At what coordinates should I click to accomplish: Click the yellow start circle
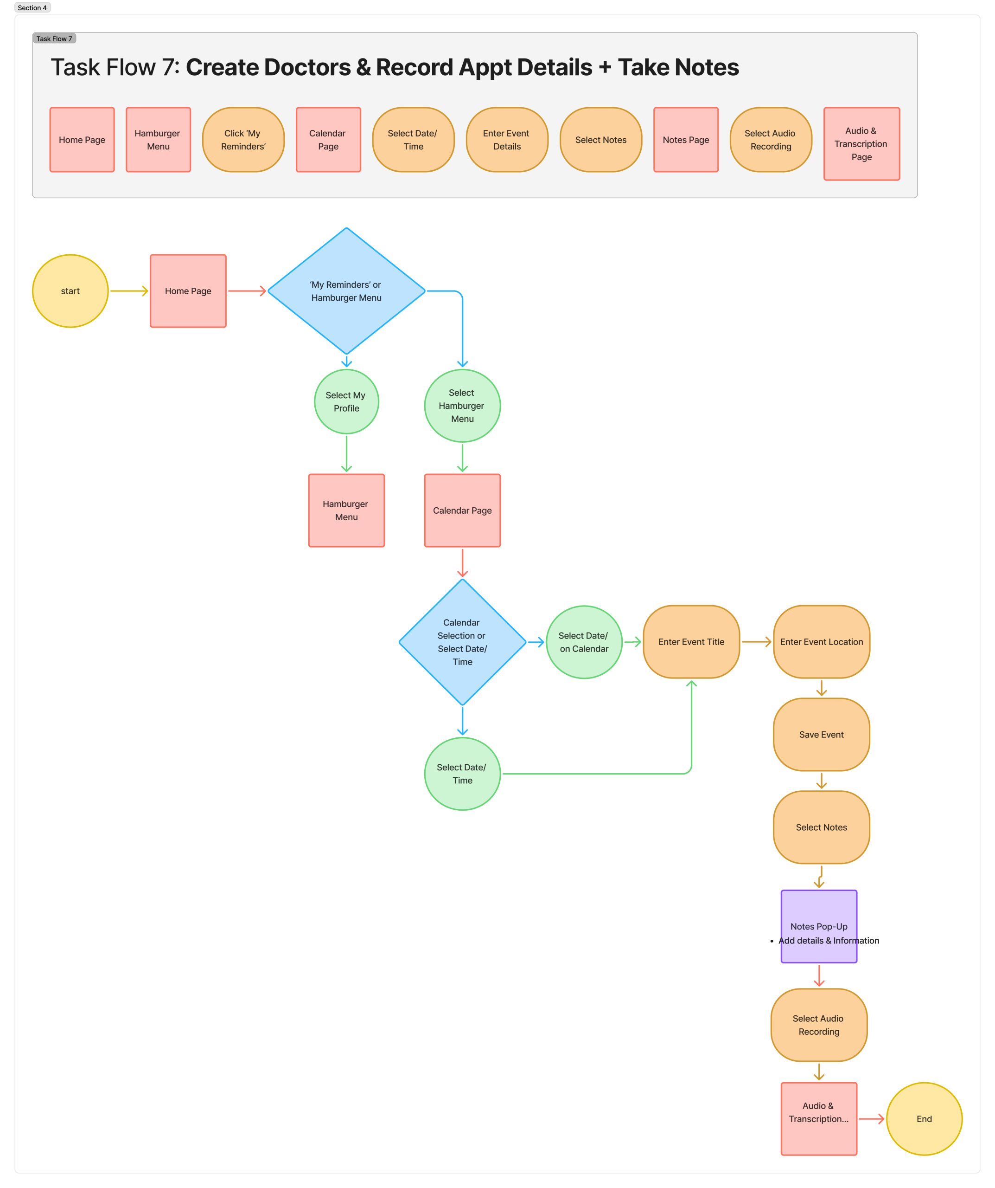click(70, 291)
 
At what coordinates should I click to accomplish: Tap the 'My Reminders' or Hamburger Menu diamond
click(346, 291)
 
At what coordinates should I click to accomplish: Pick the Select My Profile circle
click(346, 402)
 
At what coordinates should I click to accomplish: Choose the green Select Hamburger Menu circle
click(462, 406)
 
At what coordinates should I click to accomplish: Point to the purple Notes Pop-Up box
click(819, 926)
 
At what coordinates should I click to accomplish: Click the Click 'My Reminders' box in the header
click(243, 140)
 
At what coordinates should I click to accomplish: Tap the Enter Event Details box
click(507, 140)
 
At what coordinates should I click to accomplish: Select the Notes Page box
click(686, 140)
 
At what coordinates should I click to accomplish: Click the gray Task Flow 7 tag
click(54, 39)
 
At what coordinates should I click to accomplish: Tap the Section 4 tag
click(32, 8)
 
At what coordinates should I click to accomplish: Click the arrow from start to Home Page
click(129, 291)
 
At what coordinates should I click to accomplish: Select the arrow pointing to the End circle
click(872, 1118)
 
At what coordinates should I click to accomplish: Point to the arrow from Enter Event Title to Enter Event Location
click(756, 641)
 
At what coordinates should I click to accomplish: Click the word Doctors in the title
click(307, 67)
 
